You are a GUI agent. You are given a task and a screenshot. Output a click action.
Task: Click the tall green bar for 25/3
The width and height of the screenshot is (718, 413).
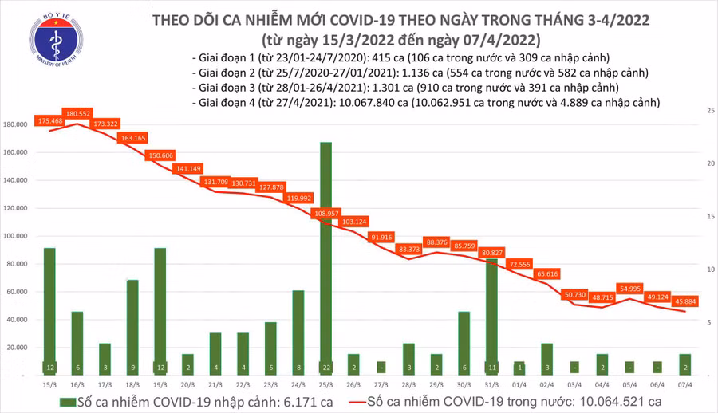pos(325,255)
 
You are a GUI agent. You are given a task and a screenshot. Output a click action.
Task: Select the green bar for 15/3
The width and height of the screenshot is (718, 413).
pos(49,311)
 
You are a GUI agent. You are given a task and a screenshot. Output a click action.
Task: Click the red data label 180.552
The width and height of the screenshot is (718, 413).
pos(81,114)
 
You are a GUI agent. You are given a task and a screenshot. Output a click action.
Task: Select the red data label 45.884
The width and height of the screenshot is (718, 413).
pos(685,301)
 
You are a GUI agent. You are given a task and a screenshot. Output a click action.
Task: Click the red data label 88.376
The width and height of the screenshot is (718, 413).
pos(436,242)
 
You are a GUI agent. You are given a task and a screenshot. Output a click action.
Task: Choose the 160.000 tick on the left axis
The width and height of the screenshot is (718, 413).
pos(18,152)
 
